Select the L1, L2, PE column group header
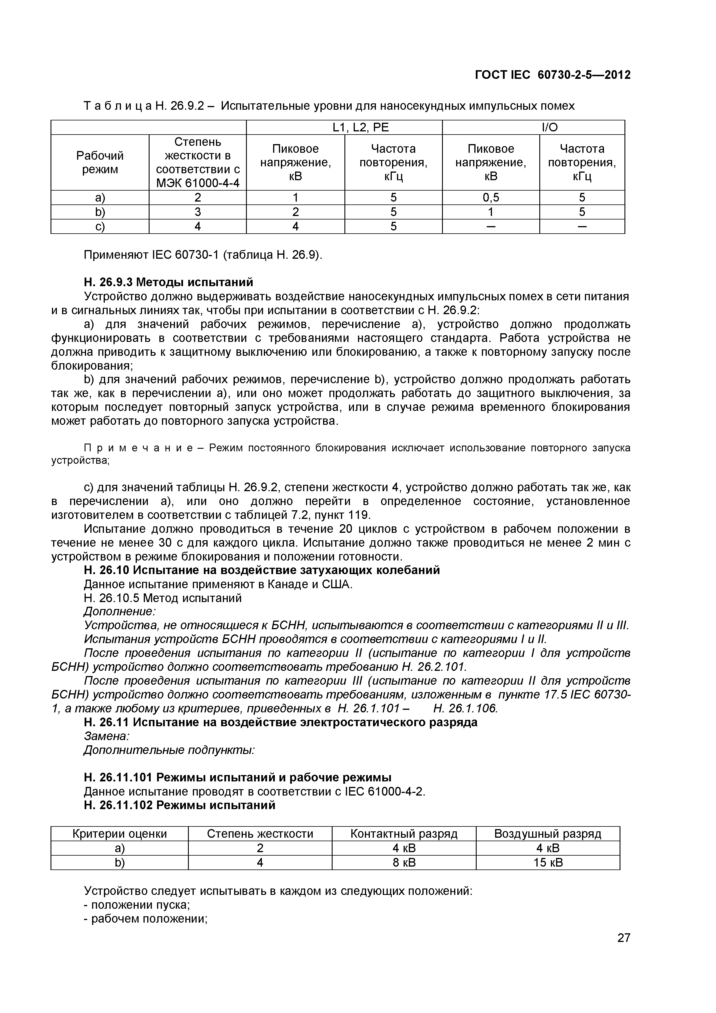tap(344, 128)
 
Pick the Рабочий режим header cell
tap(100, 162)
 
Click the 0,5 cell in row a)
tap(491, 198)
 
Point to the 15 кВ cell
tap(548, 863)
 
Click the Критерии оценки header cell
tap(120, 834)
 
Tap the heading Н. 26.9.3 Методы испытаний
tap(169, 282)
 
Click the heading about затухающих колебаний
tap(262, 570)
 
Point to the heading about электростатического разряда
tap(281, 722)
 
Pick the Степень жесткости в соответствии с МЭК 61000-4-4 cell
tap(198, 162)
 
